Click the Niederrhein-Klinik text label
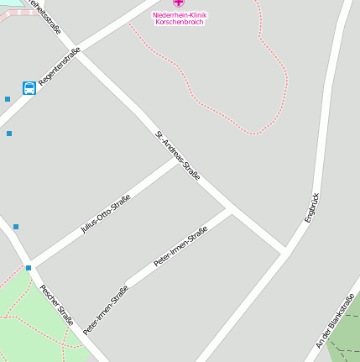[x=180, y=15]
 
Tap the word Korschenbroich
[x=180, y=23]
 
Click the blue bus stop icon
[x=29, y=88]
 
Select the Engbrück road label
[x=312, y=207]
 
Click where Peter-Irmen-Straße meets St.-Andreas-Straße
[x=231, y=207]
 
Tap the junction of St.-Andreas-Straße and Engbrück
[x=285, y=250]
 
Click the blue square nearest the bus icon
[x=8, y=99]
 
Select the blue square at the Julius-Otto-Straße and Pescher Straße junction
[x=29, y=268]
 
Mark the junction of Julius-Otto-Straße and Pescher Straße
[x=30, y=262]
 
